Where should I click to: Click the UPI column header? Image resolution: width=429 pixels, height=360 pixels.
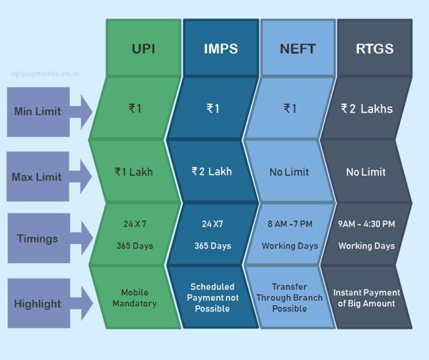(143, 49)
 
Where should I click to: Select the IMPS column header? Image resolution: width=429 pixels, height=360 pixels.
(221, 49)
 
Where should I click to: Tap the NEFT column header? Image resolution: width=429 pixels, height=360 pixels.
(298, 49)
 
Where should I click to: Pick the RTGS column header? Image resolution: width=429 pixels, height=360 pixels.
(375, 49)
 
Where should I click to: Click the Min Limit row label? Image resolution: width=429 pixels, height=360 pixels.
(38, 111)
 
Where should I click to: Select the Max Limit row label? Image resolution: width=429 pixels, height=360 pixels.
(37, 177)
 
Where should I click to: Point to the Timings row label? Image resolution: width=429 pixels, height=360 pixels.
(38, 239)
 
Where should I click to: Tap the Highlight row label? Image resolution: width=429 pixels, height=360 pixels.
(38, 304)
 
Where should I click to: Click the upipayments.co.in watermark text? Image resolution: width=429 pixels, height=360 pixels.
(45, 74)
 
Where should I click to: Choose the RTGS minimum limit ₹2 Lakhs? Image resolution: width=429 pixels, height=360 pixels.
(366, 109)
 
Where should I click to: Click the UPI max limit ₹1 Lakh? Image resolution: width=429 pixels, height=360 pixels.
(134, 172)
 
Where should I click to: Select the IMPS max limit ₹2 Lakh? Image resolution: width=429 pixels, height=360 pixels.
(212, 171)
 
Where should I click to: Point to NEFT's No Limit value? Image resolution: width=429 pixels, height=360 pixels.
(289, 172)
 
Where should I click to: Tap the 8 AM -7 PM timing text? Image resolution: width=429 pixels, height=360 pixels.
(290, 224)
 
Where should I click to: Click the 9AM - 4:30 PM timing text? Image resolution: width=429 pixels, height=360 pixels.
(366, 224)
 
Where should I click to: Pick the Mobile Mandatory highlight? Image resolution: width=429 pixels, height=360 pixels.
(135, 298)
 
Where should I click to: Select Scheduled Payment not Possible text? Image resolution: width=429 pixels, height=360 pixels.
(213, 297)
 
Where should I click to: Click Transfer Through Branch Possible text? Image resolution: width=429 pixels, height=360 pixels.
(290, 297)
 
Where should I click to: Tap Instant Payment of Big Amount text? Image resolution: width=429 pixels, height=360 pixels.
(366, 298)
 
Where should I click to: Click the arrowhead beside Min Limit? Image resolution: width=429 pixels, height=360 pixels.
(86, 112)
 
